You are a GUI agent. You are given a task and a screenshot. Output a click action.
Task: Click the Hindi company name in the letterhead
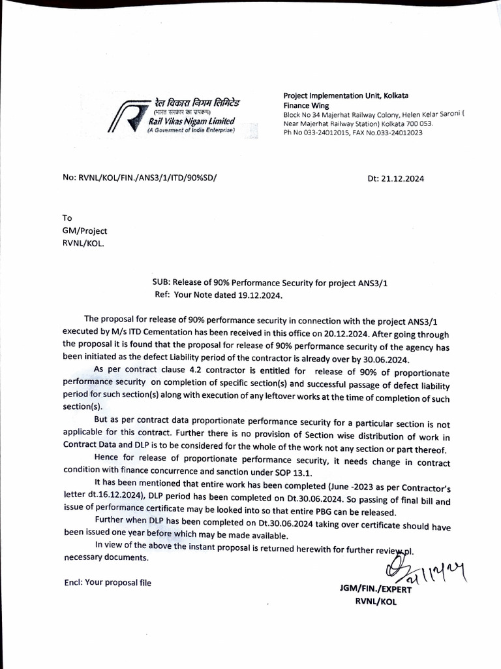pos(197,103)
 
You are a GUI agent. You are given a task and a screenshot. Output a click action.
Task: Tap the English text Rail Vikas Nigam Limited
pos(191,122)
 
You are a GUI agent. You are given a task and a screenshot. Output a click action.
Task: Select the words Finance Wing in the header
pos(306,105)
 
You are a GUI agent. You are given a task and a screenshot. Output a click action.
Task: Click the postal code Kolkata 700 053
pos(410,123)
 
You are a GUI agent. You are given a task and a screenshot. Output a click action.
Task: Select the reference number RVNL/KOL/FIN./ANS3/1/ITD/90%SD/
pos(147,177)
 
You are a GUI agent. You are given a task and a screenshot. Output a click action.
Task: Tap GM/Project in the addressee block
pos(85,231)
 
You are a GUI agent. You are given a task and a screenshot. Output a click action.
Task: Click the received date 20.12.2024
pos(312,331)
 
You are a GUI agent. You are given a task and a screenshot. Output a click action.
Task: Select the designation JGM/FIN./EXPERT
pos(371,590)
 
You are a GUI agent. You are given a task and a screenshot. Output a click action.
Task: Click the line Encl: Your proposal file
pos(107,582)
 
